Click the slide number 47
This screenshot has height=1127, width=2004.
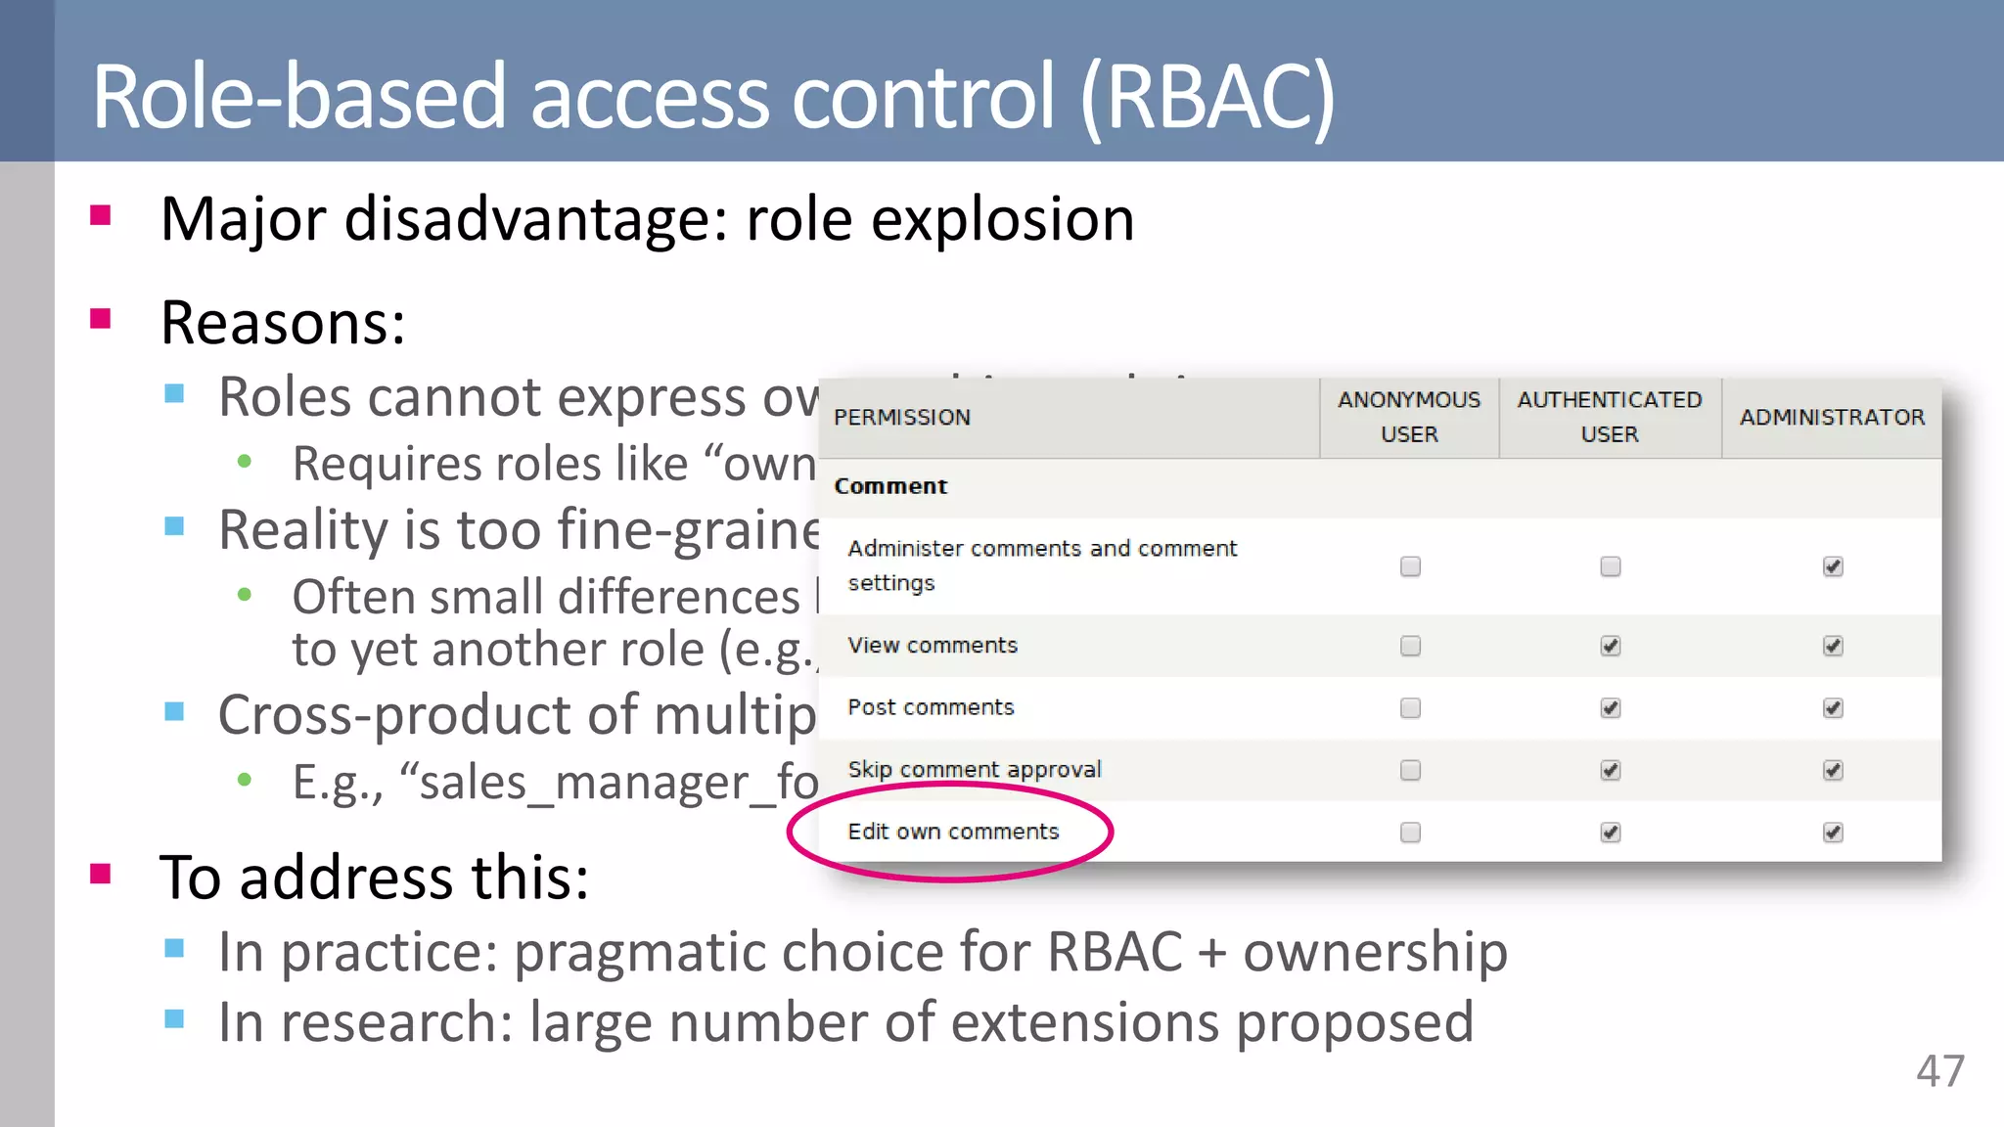pyautogui.click(x=1939, y=1071)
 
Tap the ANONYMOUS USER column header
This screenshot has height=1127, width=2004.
pyautogui.click(x=1409, y=417)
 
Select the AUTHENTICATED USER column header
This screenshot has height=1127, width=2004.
pyautogui.click(x=1610, y=417)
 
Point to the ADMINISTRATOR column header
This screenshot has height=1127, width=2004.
pyautogui.click(x=1832, y=417)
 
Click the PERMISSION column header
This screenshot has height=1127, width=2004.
pyautogui.click(x=902, y=418)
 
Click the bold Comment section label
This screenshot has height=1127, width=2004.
pyautogui.click(x=890, y=486)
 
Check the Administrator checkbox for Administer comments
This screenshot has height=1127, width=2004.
pyautogui.click(x=1833, y=566)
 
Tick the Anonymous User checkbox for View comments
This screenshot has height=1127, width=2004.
pyautogui.click(x=1410, y=646)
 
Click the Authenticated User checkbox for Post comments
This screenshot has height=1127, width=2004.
pyautogui.click(x=1611, y=708)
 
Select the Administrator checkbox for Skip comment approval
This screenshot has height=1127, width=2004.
pyautogui.click(x=1833, y=770)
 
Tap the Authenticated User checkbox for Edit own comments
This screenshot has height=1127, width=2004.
pyautogui.click(x=1611, y=833)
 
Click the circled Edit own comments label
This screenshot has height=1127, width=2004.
pyautogui.click(x=953, y=832)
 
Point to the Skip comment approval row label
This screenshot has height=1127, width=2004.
pyautogui.click(x=975, y=770)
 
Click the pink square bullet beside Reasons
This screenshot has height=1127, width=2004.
pyautogui.click(x=100, y=319)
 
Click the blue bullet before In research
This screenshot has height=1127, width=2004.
pyautogui.click(x=175, y=1019)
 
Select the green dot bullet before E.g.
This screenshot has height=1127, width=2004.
pyautogui.click(x=245, y=780)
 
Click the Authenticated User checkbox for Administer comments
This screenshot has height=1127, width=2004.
pyautogui.click(x=1611, y=566)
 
